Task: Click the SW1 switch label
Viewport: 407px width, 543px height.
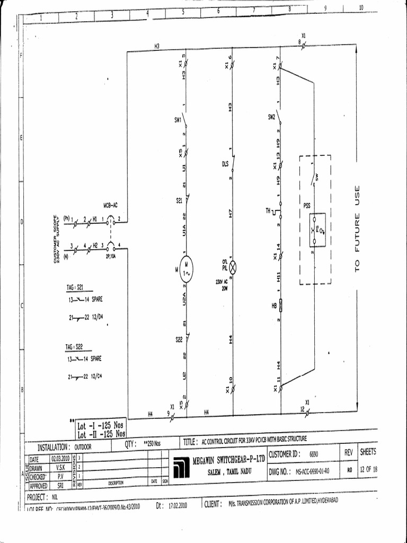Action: pyautogui.click(x=178, y=120)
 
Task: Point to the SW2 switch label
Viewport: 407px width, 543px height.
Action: pyautogui.click(x=271, y=117)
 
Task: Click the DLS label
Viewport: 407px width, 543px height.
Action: pyautogui.click(x=225, y=164)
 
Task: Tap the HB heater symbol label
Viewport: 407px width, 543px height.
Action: pyautogui.click(x=274, y=306)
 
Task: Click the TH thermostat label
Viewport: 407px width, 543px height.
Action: pyautogui.click(x=268, y=211)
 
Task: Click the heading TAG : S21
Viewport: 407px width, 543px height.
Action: pyautogui.click(x=75, y=287)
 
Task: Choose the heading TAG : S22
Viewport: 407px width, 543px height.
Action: pyautogui.click(x=75, y=347)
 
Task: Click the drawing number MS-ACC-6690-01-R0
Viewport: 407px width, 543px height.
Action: pyautogui.click(x=312, y=470)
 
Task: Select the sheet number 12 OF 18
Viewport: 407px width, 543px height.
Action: pyautogui.click(x=369, y=470)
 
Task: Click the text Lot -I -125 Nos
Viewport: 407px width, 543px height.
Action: pyautogui.click(x=101, y=426)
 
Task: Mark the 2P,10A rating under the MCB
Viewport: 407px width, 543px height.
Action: pyautogui.click(x=110, y=255)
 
